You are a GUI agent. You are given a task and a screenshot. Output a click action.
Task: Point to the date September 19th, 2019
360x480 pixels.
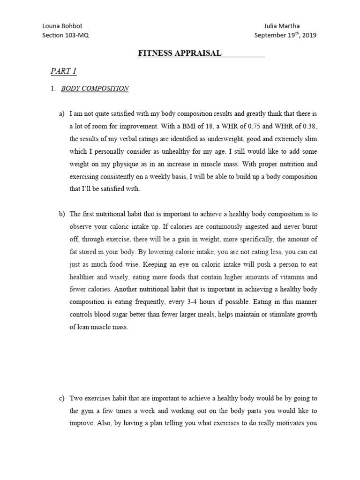(x=285, y=35)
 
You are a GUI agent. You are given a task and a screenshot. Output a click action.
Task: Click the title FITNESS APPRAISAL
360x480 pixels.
(x=180, y=53)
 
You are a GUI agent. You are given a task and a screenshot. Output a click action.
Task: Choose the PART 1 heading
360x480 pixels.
(x=63, y=71)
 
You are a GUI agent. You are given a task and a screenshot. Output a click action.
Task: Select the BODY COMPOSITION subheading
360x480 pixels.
(x=95, y=88)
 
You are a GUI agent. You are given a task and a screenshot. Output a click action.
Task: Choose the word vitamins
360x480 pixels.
(x=288, y=277)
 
